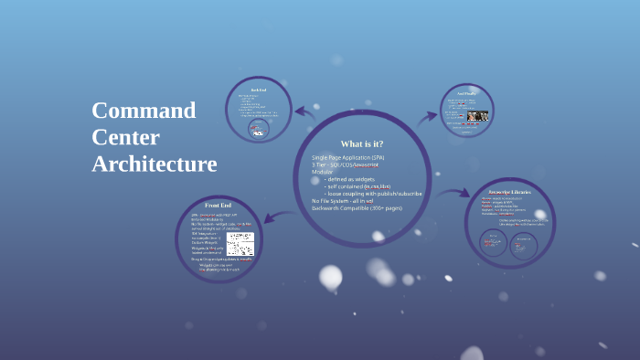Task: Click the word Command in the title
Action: click(x=144, y=111)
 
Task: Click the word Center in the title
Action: click(x=125, y=137)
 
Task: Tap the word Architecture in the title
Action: click(x=154, y=164)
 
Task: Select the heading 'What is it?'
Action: click(x=361, y=143)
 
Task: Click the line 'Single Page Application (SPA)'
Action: click(x=347, y=157)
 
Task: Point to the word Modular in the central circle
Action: click(x=323, y=172)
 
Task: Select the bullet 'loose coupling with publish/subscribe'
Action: click(x=373, y=194)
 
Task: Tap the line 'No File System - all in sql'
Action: click(x=342, y=201)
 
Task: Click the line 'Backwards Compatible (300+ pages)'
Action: click(x=357, y=208)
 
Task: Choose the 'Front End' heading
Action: click(x=218, y=205)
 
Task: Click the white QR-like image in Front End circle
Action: click(x=240, y=244)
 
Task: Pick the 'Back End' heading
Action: click(x=258, y=89)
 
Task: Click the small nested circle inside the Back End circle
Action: click(x=259, y=129)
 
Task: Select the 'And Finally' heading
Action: click(x=466, y=93)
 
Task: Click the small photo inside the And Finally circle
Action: click(x=478, y=116)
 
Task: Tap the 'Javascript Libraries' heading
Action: click(x=510, y=192)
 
